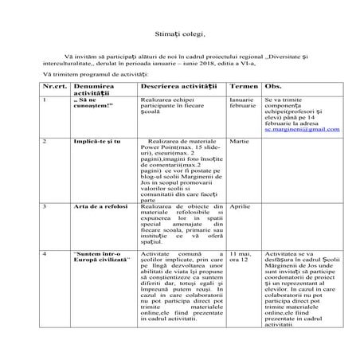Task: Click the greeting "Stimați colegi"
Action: [179, 35]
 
